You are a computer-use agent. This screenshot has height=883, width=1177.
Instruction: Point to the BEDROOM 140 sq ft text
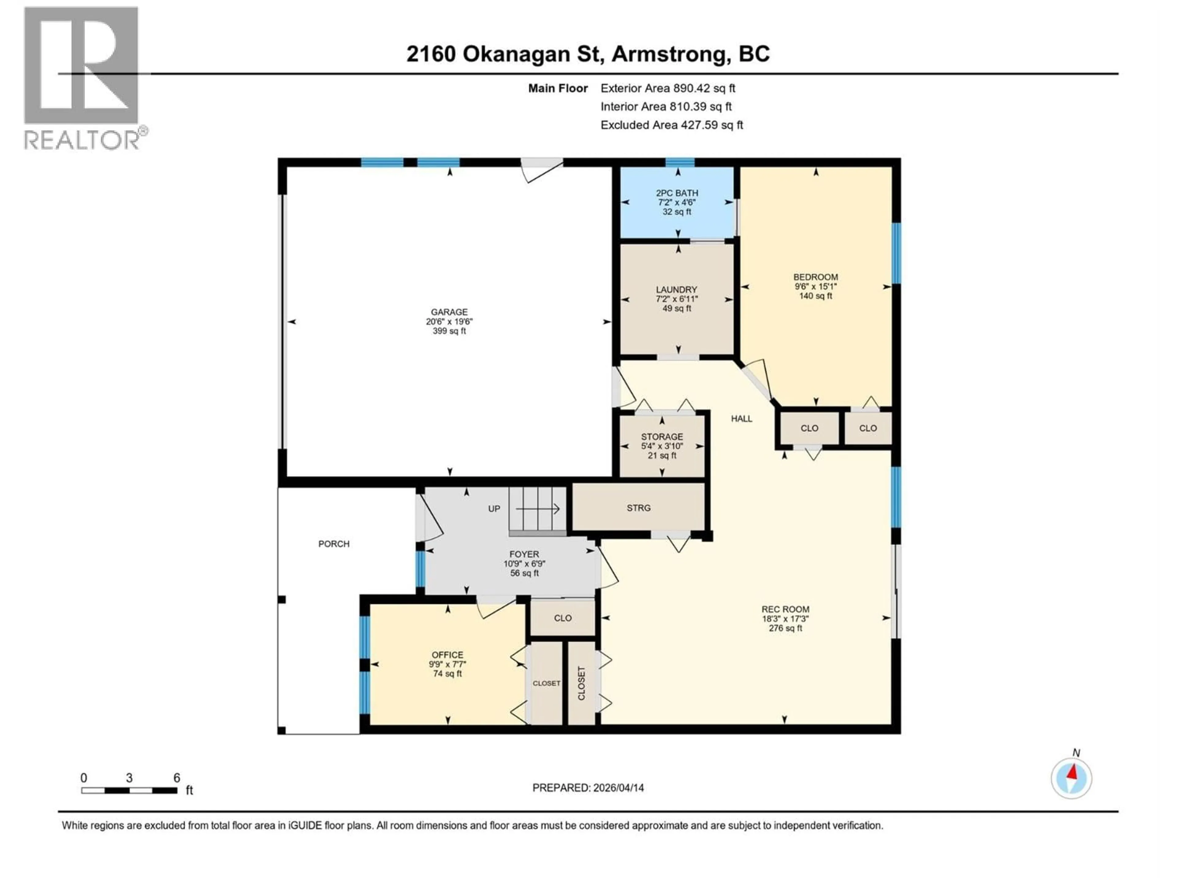click(x=815, y=296)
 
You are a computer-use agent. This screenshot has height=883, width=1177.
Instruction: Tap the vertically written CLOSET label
click(x=581, y=683)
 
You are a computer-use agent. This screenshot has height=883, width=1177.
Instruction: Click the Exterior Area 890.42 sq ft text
click(x=668, y=88)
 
